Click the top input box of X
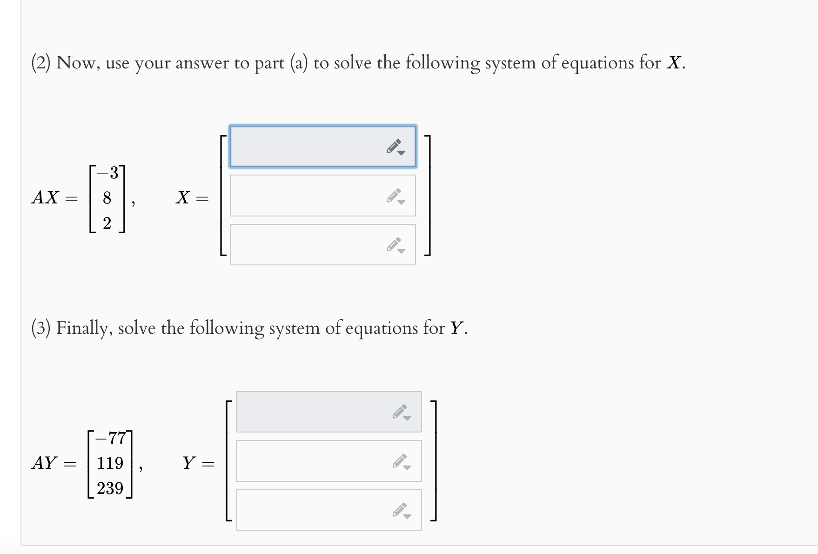[x=307, y=146]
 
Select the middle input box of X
[x=307, y=196]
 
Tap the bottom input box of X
[x=307, y=245]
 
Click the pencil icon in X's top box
[x=395, y=147]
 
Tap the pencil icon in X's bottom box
[x=395, y=245]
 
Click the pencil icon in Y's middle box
[x=401, y=461]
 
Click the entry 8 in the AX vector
[x=107, y=198]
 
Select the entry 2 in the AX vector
[x=107, y=224]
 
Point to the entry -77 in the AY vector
[x=110, y=438]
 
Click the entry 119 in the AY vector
[x=110, y=463]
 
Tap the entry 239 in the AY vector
[x=110, y=488]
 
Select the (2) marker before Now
[x=41, y=63]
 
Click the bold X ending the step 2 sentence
[x=673, y=63]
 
